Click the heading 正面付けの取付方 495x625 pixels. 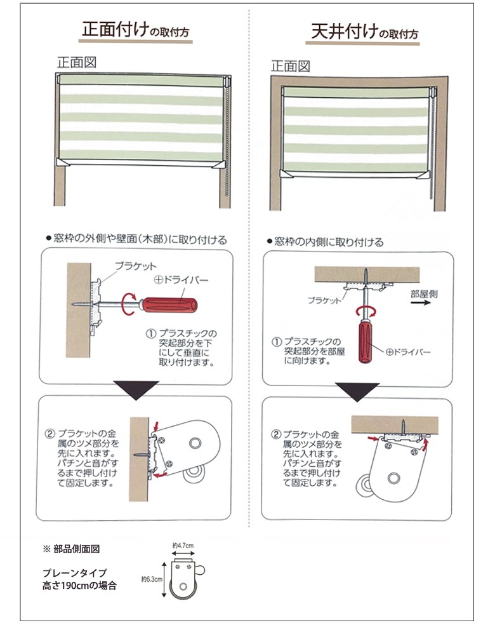coord(135,29)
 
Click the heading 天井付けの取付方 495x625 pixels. coord(364,32)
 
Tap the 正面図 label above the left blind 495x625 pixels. coord(76,62)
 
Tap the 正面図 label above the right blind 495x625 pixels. coord(290,66)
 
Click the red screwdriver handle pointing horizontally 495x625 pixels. coord(170,306)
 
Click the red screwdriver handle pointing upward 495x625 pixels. coord(366,342)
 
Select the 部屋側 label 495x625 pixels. coord(424,294)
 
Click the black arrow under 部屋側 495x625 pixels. coord(421,302)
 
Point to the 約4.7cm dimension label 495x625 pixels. coord(183,545)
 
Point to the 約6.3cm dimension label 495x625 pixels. coord(152,579)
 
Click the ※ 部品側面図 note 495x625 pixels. coord(71,549)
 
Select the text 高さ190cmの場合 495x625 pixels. coord(80,586)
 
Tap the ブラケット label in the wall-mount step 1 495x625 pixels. coord(136,266)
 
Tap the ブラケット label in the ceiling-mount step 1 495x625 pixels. coord(324,300)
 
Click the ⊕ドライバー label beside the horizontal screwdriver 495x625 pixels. coord(181,280)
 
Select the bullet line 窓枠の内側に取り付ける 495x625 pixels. coord(326,241)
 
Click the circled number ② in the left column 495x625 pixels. coord(49,433)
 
